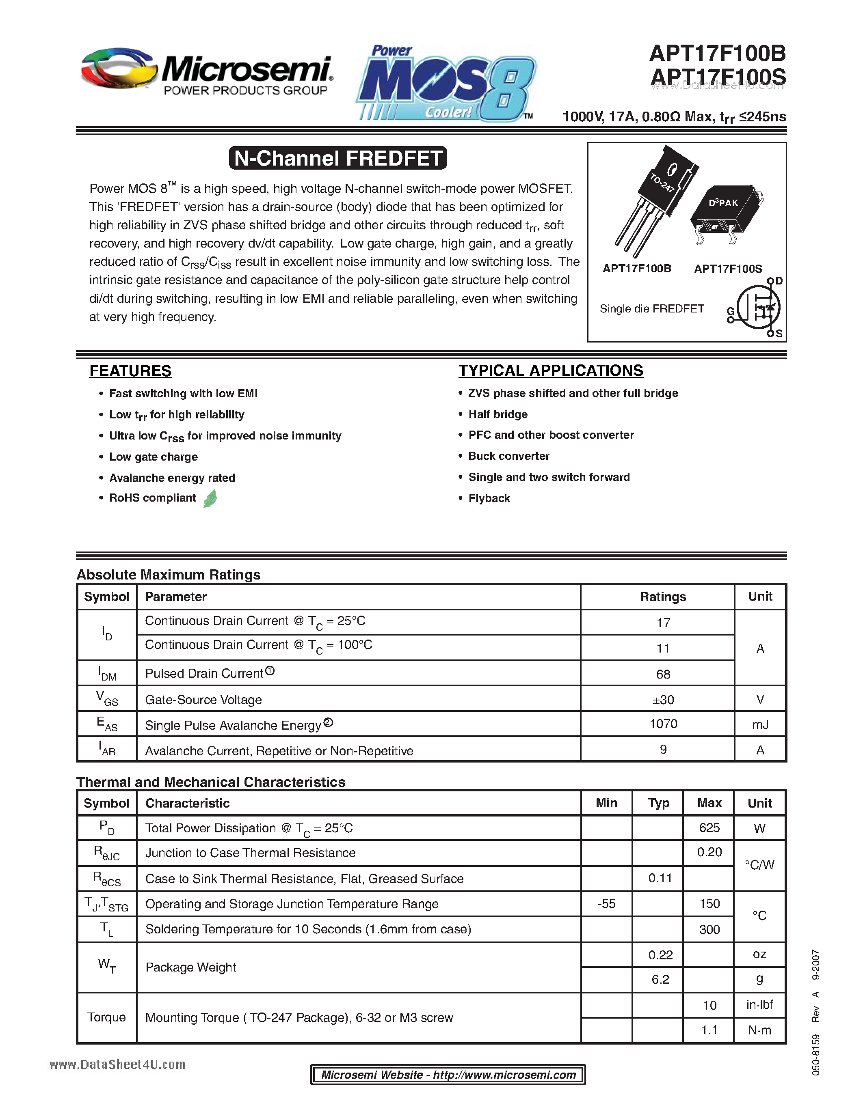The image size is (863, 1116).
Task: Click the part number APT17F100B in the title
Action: tap(717, 53)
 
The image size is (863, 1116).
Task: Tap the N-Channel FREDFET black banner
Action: tap(338, 158)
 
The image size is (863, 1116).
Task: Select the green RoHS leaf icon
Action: tap(210, 498)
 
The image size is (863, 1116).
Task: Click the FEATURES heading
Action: tap(130, 371)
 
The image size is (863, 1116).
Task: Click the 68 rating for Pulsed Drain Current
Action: tap(663, 674)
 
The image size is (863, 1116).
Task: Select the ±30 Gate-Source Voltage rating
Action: tap(663, 700)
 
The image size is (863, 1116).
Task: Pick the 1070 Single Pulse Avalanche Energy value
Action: tap(663, 724)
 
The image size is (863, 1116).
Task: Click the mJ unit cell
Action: tap(760, 724)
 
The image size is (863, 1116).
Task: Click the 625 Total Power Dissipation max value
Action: tap(709, 828)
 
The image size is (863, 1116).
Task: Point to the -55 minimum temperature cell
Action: tap(606, 904)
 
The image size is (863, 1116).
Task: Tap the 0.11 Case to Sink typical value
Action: tap(660, 878)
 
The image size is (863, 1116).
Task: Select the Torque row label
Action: tap(106, 1017)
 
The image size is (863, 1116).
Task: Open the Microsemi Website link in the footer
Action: tap(448, 1075)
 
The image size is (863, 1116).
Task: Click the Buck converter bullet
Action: tap(509, 456)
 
